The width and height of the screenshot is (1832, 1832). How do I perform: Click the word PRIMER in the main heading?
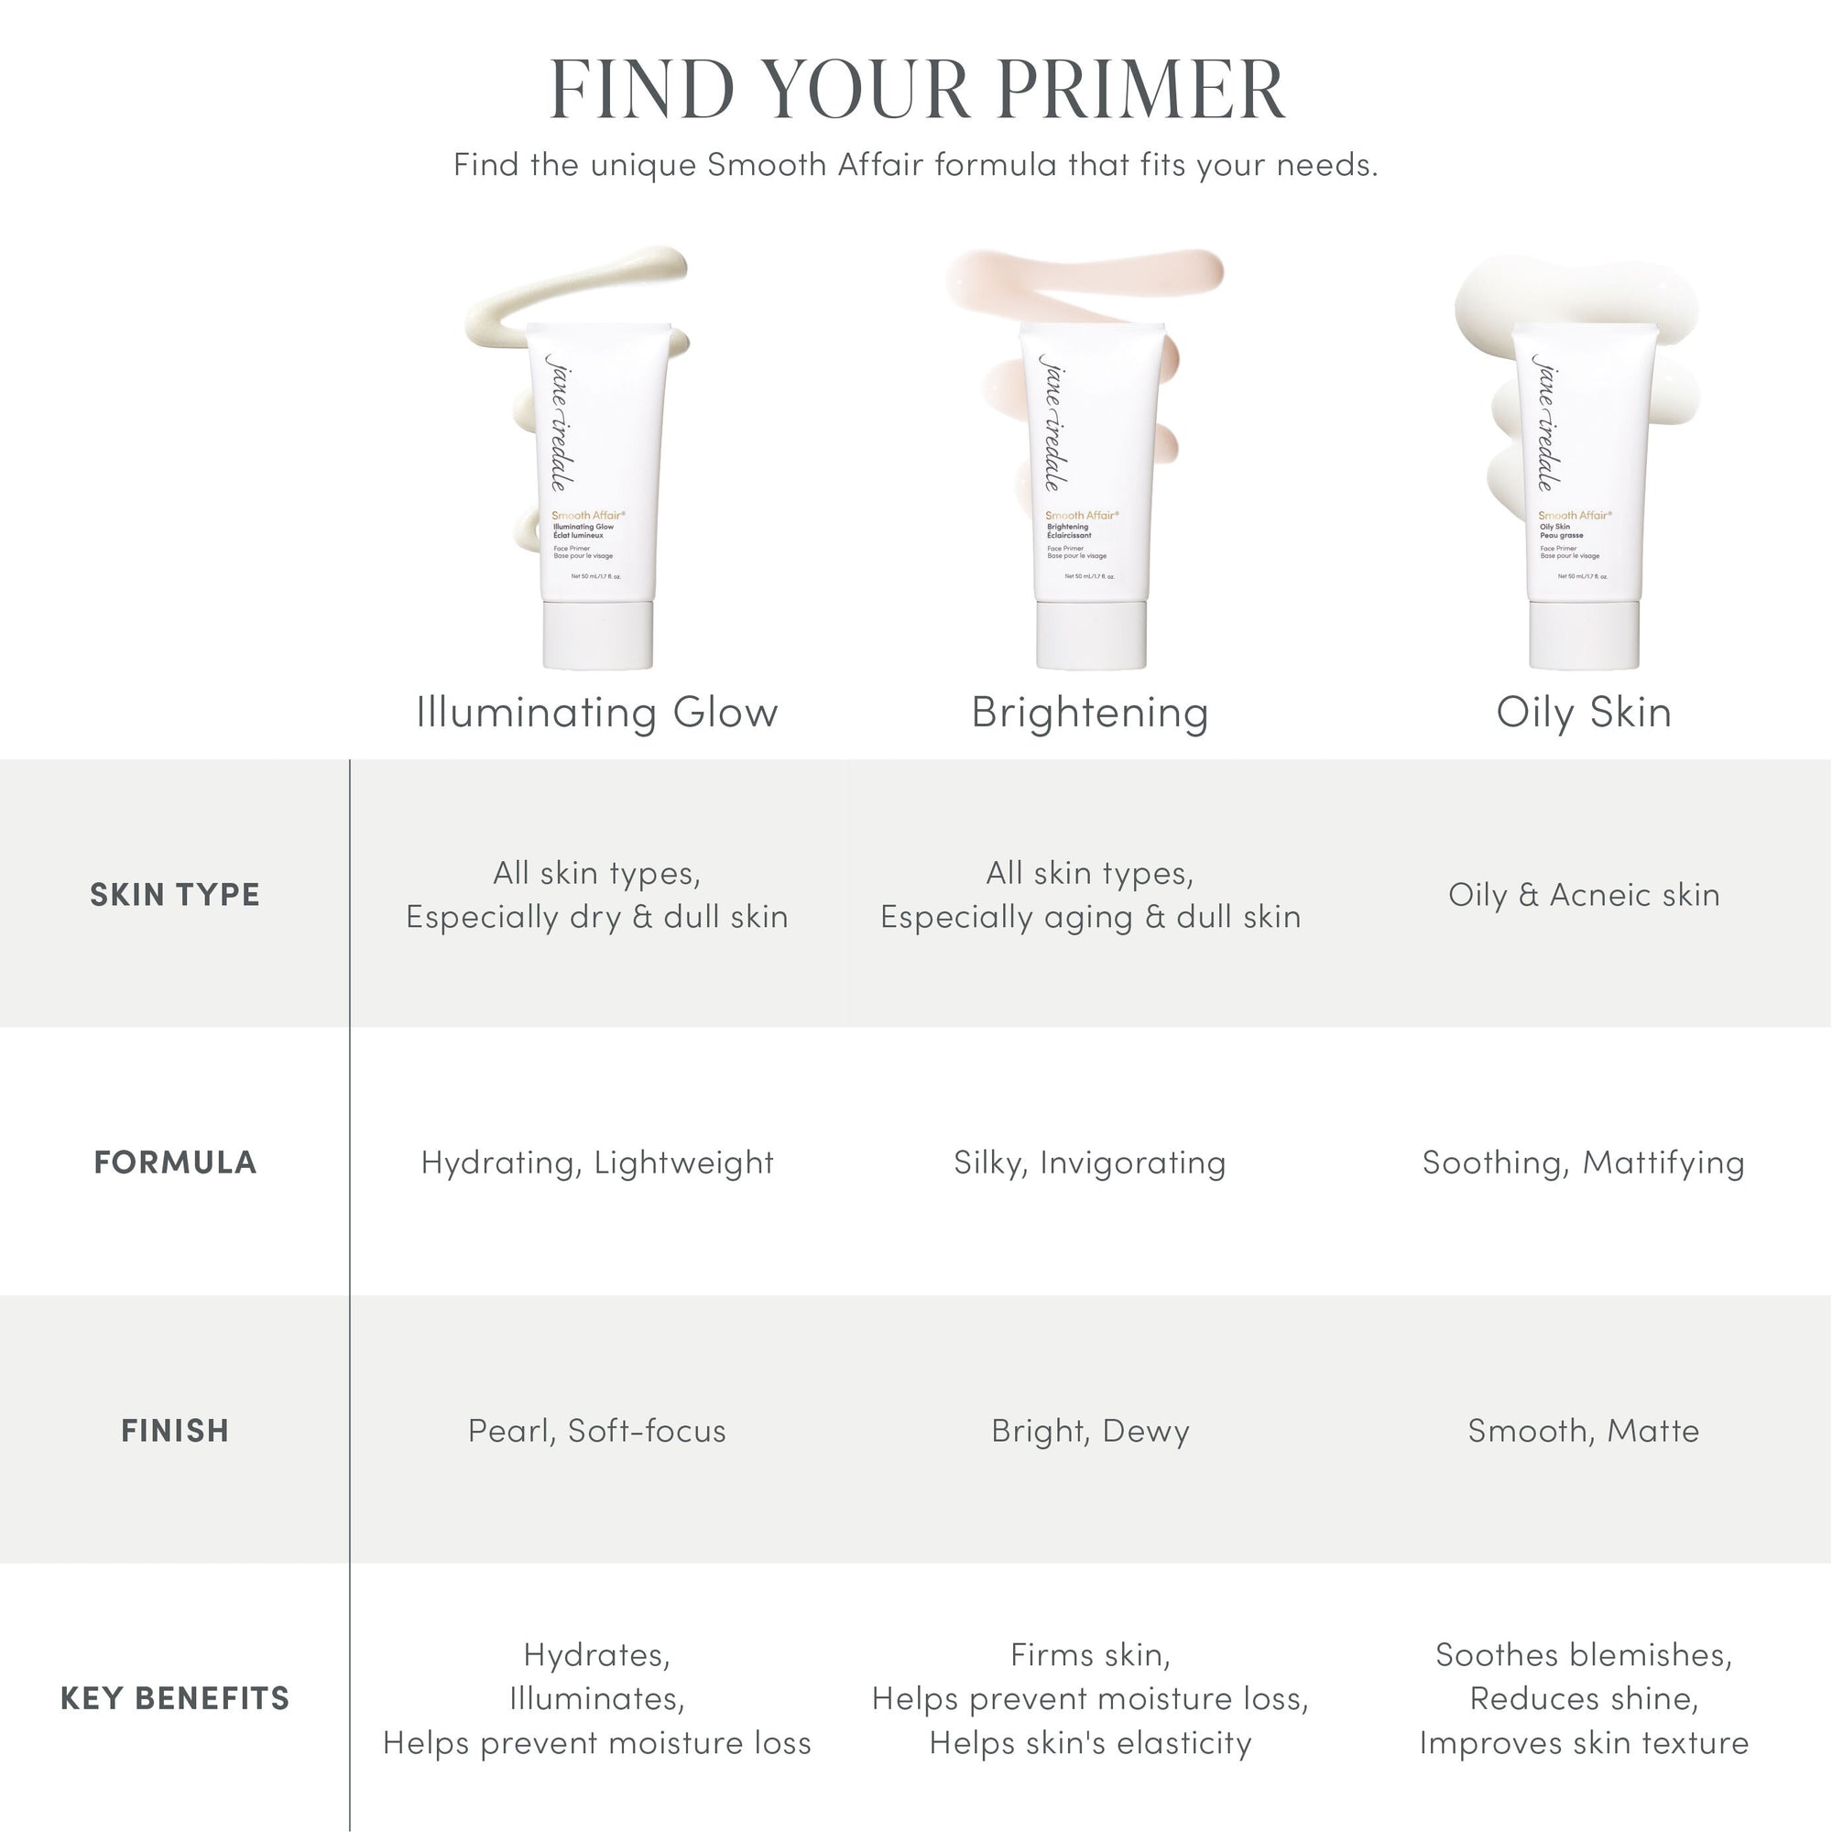point(1140,89)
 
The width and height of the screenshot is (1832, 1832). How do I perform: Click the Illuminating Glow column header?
point(597,712)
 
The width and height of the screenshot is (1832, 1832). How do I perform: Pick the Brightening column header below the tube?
point(1090,712)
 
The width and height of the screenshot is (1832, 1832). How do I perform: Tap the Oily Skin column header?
point(1584,712)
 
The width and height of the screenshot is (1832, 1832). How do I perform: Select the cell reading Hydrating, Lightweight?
point(597,1162)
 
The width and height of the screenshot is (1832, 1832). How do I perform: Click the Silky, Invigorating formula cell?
point(1090,1162)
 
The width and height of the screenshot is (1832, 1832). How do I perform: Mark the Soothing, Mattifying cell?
point(1584,1162)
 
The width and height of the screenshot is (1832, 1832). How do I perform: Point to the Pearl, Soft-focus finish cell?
point(597,1430)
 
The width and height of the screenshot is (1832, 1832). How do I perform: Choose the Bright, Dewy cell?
point(1090,1430)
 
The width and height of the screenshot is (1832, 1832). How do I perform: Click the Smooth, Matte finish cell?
point(1584,1430)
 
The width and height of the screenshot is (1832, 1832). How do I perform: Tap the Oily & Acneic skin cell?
point(1584,894)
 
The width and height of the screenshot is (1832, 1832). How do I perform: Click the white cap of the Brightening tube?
point(1092,636)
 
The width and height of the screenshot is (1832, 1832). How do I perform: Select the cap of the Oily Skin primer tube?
point(1585,636)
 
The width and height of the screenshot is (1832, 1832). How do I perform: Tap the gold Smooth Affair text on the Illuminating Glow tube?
point(588,516)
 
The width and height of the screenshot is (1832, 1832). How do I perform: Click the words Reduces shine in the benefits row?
point(1584,1698)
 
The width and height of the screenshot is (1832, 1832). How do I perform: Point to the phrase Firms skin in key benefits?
point(1090,1654)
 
